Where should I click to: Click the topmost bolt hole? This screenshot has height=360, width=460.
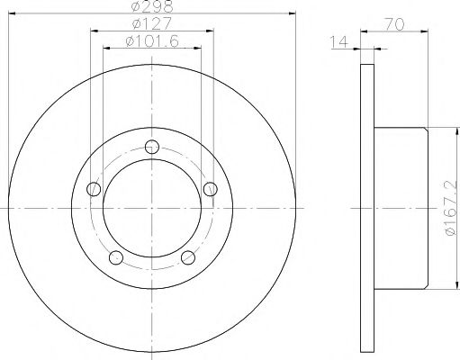[151, 148]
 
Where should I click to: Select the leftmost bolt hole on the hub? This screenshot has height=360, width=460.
[93, 189]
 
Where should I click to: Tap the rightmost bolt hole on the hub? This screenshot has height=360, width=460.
[209, 188]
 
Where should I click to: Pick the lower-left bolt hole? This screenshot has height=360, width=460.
[115, 258]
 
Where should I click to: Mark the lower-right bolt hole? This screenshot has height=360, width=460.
[187, 258]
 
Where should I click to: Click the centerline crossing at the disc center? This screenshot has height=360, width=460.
[150, 209]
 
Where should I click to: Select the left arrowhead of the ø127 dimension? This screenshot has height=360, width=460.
[94, 31]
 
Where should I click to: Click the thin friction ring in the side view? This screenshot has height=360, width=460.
[365, 209]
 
